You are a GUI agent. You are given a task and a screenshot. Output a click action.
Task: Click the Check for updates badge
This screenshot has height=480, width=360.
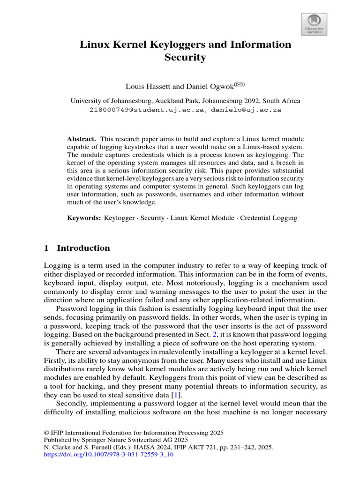pos(314,24)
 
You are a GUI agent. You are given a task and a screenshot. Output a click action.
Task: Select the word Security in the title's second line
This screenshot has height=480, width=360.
pos(185,58)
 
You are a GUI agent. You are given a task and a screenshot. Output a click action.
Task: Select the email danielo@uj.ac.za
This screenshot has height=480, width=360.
pos(246,110)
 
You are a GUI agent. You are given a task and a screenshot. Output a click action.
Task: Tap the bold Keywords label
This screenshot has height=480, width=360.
pos(84,218)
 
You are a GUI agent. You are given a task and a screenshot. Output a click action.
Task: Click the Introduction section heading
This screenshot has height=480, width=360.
pos(83,248)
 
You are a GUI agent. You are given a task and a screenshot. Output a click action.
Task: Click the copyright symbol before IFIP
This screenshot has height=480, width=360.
pos(46,433)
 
